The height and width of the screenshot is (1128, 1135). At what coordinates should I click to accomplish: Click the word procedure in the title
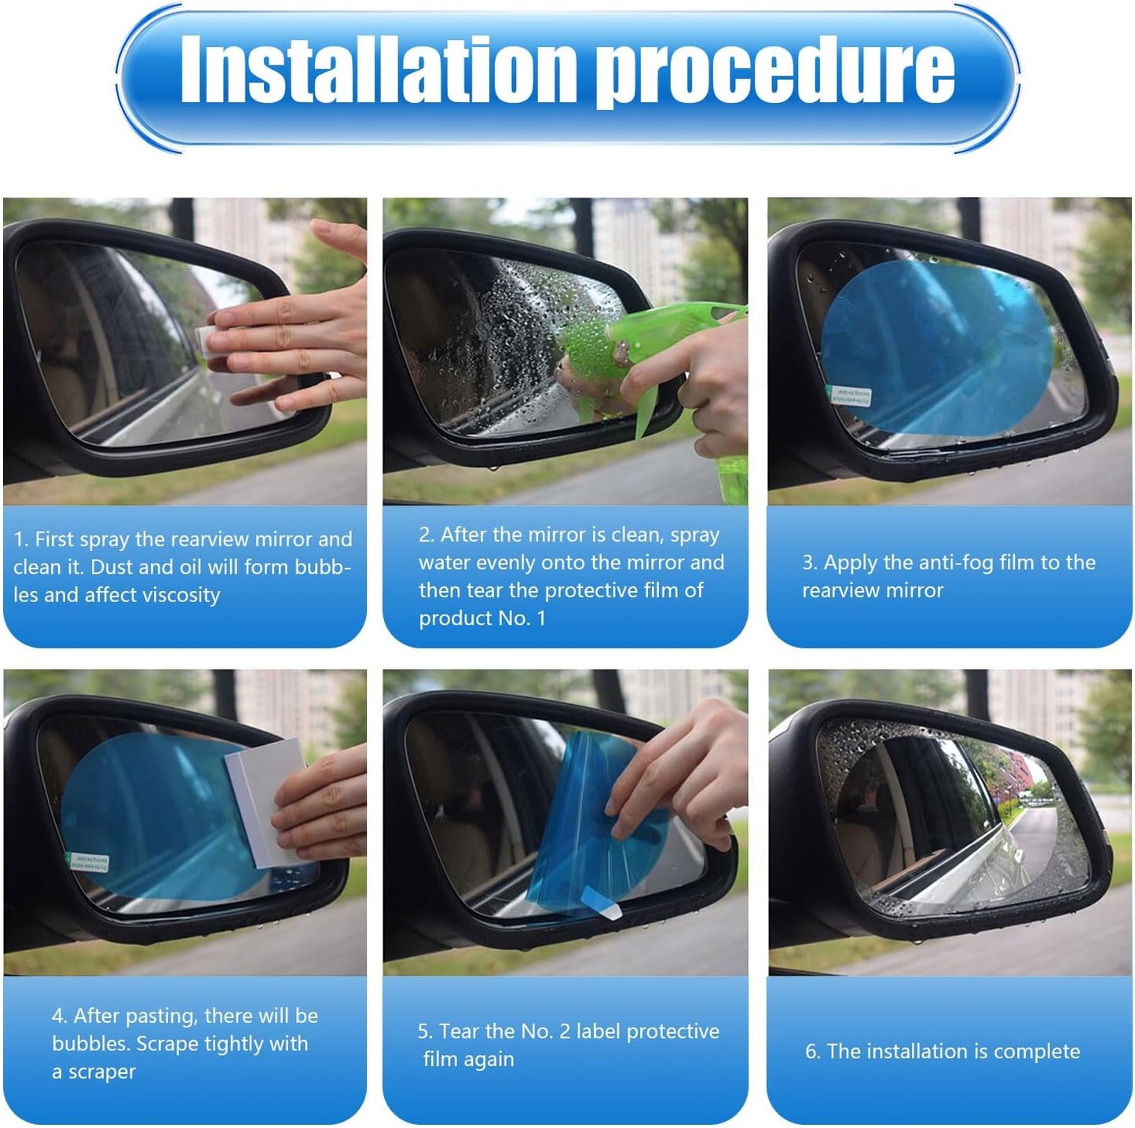(x=774, y=72)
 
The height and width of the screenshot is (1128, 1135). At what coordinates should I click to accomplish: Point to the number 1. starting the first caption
(x=21, y=540)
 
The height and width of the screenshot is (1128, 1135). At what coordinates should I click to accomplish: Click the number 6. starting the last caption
(x=812, y=1052)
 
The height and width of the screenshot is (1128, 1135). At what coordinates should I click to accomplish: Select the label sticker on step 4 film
(x=88, y=862)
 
